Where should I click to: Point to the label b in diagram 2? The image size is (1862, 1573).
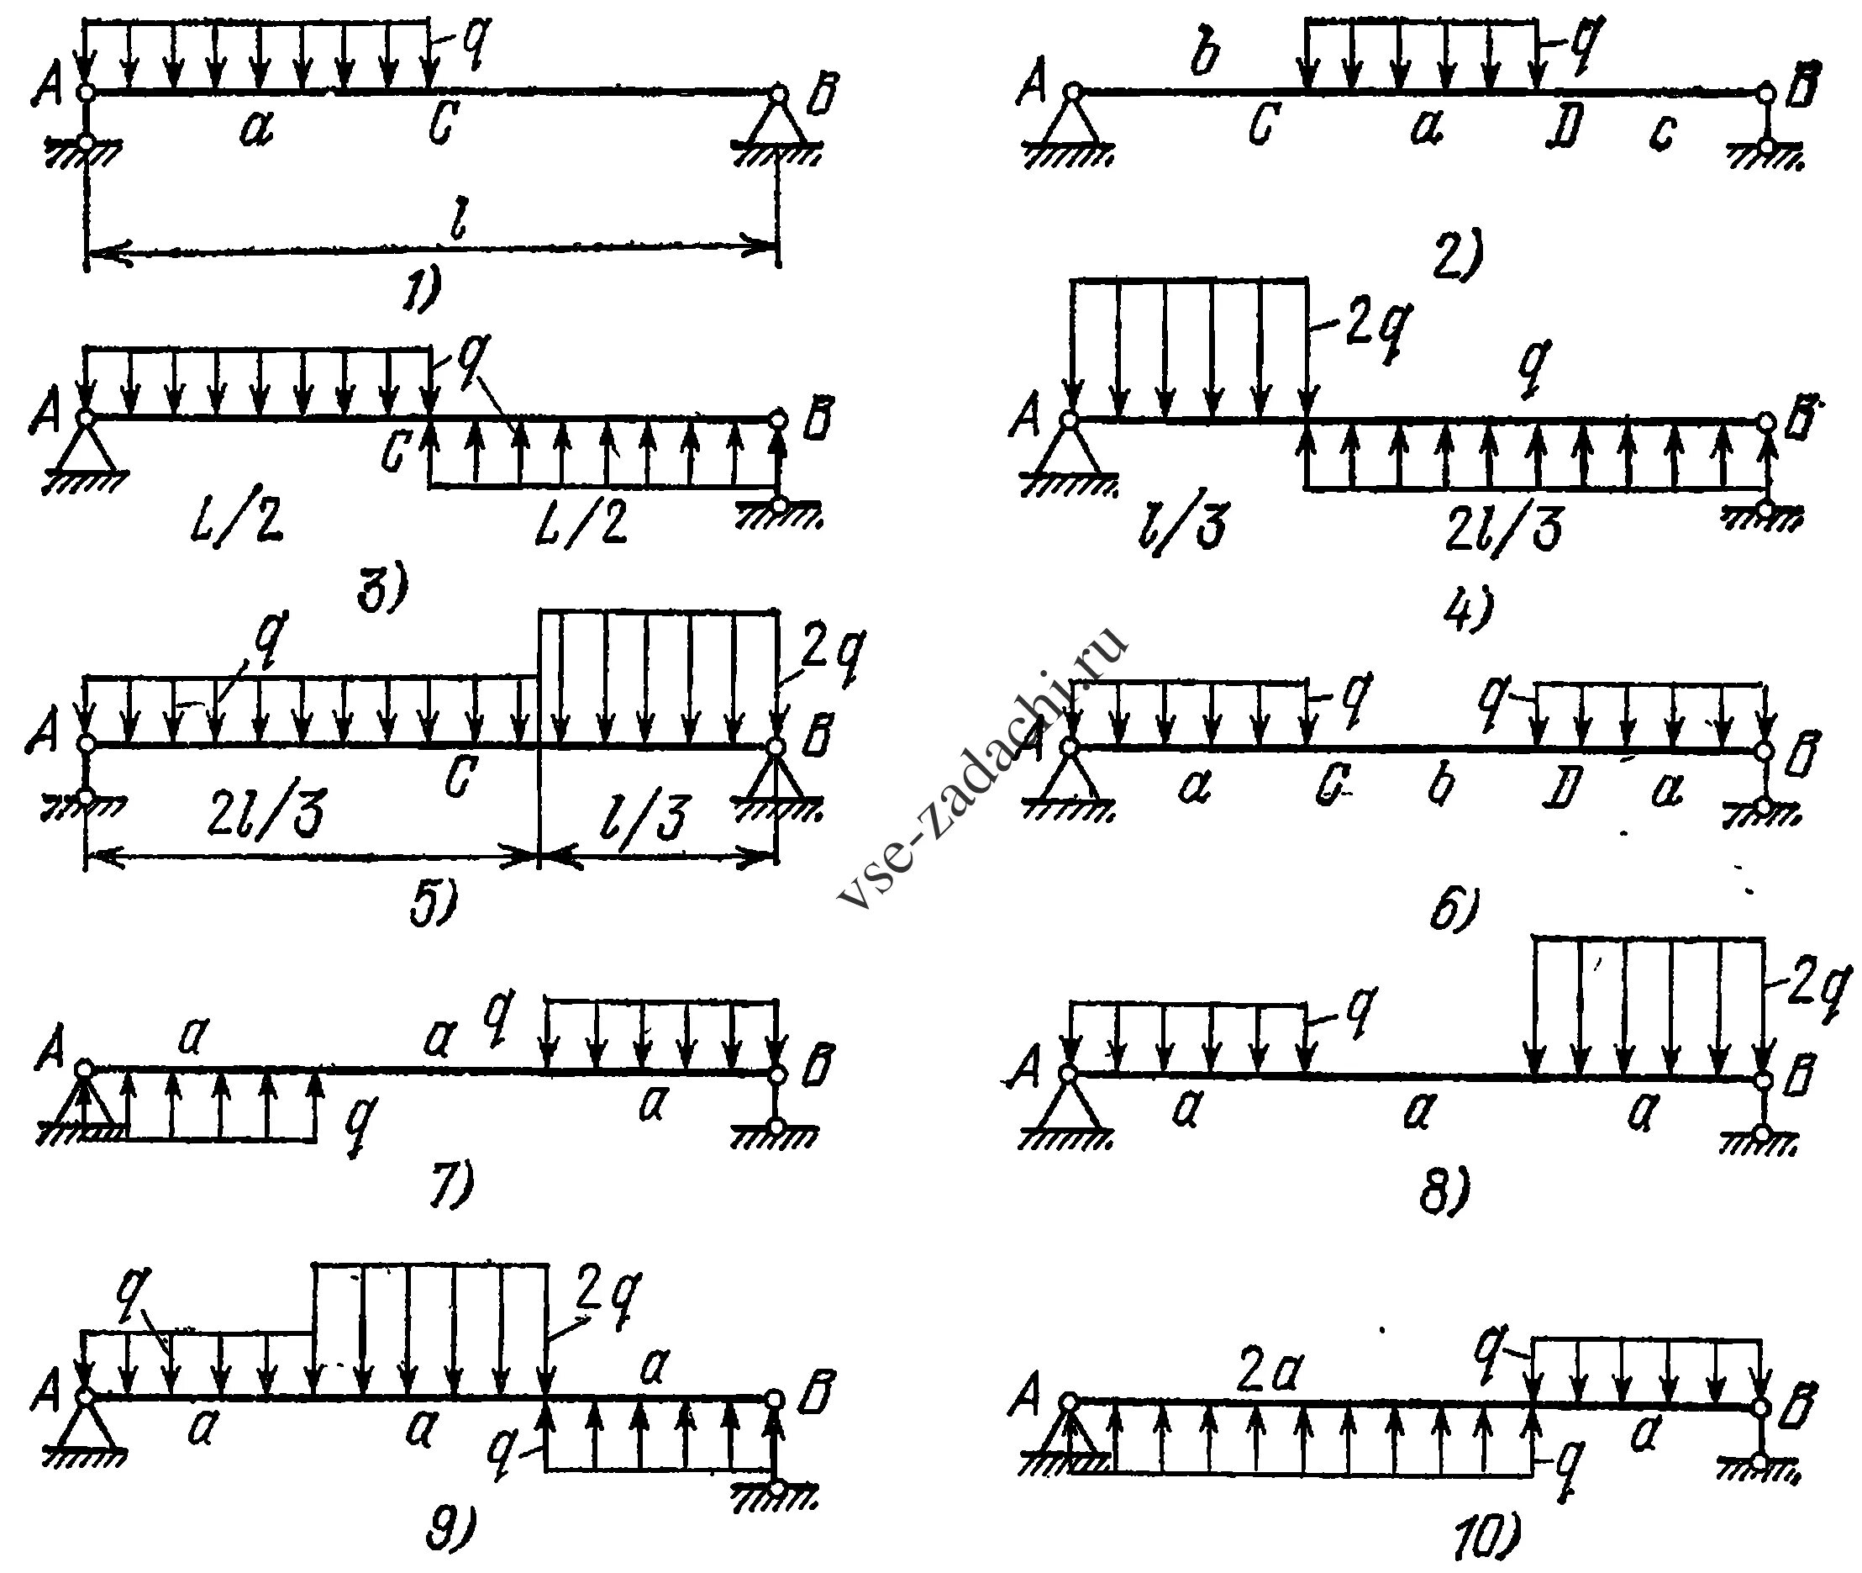1205,57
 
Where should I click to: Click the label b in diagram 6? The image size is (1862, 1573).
1441,784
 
